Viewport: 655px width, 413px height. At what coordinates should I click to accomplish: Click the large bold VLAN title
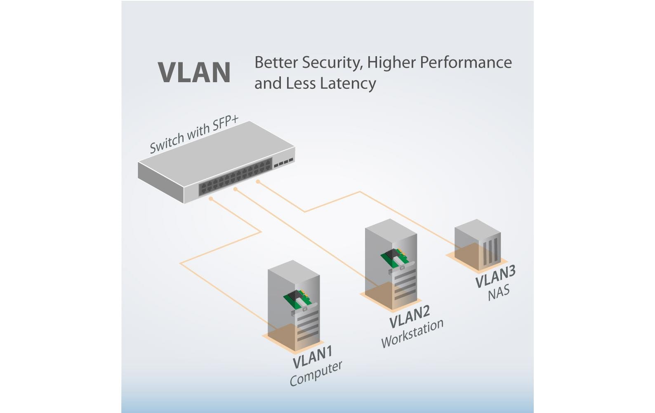tap(194, 73)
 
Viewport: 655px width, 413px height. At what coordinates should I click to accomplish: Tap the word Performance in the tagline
tap(466, 63)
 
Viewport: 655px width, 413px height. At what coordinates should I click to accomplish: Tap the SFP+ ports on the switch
tap(283, 161)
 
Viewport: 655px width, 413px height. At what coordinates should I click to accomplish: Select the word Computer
tap(316, 374)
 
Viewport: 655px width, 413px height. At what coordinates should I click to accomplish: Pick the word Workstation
tap(412, 334)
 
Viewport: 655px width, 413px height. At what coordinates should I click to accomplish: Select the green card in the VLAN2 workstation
tap(392, 259)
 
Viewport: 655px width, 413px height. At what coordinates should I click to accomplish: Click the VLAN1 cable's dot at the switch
tap(211, 199)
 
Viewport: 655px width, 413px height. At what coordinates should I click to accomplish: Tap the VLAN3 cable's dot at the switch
tap(258, 181)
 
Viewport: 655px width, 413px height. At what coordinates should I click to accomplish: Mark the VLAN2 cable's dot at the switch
tap(235, 189)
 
